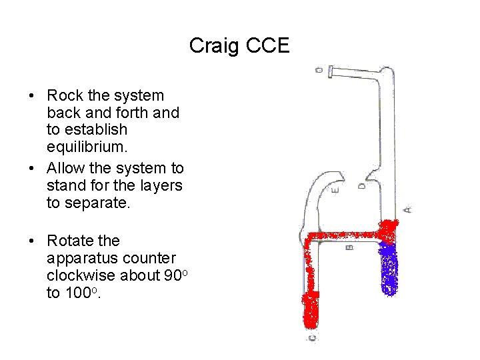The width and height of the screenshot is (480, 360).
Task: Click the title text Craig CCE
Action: click(x=239, y=45)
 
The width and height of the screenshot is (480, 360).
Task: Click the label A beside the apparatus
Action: click(x=408, y=209)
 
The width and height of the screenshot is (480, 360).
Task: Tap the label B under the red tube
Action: click(x=350, y=247)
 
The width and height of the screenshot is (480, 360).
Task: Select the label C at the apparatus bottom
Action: click(x=312, y=338)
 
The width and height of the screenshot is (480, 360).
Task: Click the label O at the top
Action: click(x=319, y=69)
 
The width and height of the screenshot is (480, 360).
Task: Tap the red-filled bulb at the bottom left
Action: click(x=311, y=311)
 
